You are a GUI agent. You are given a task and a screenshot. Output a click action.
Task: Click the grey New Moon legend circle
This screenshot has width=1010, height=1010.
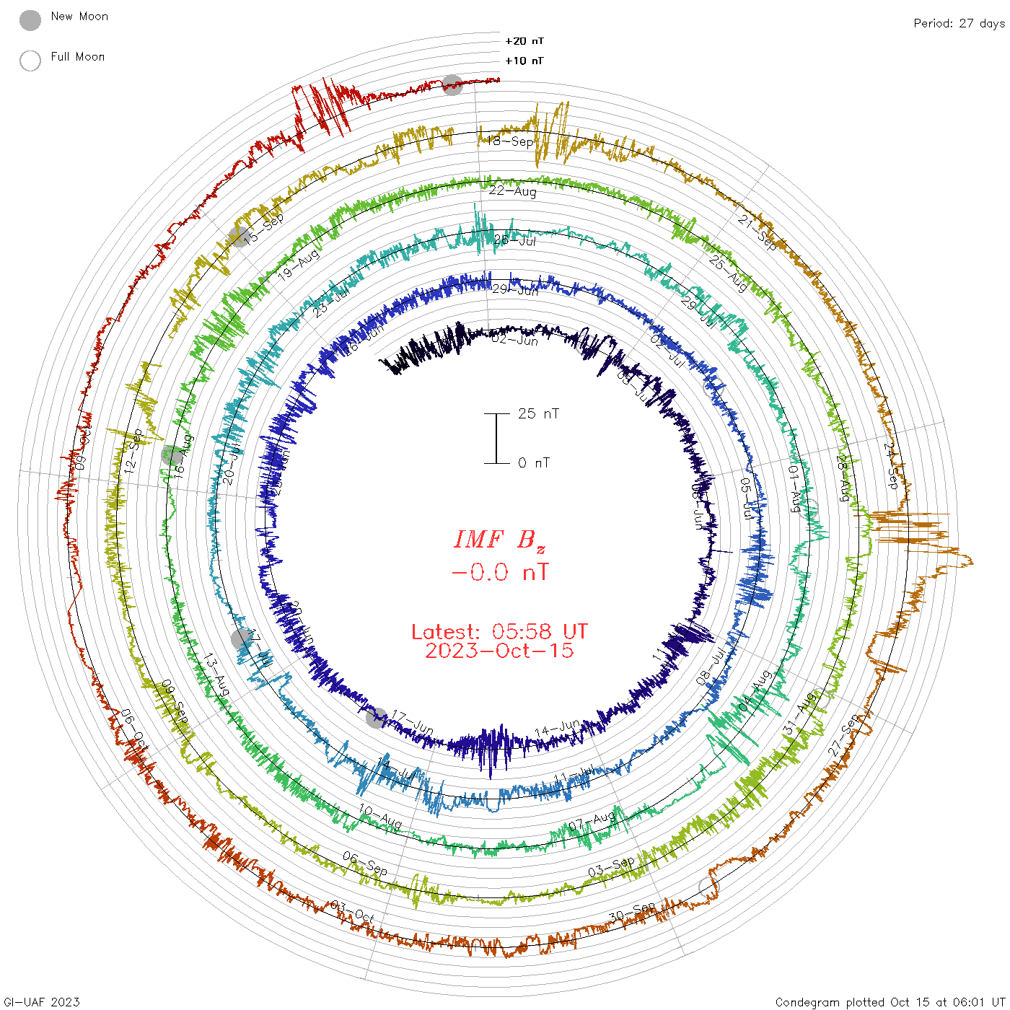coord(30,20)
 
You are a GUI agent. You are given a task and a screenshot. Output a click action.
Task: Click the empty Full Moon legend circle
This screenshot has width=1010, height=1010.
coord(30,61)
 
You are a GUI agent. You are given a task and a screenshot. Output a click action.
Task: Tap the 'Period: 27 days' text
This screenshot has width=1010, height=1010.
coord(959,23)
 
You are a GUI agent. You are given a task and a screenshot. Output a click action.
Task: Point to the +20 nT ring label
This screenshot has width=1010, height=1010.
coord(524,41)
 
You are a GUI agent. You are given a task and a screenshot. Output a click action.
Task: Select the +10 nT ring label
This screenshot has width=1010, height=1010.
coord(524,61)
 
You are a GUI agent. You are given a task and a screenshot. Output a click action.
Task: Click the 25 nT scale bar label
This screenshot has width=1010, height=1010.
coord(538,413)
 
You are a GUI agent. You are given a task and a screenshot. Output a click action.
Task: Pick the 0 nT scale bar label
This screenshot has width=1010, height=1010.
coord(534,462)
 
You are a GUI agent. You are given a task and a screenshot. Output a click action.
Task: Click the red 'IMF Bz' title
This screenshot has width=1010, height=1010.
coord(499,540)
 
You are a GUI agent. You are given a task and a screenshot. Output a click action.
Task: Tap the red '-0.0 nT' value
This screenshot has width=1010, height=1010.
coord(499,573)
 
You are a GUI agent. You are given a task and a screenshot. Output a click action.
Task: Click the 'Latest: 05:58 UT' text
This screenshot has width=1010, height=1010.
coord(499,632)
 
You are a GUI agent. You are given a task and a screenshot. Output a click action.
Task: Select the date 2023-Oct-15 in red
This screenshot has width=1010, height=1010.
coord(499,651)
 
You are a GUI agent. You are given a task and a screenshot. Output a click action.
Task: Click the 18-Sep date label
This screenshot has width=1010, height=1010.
coord(511,141)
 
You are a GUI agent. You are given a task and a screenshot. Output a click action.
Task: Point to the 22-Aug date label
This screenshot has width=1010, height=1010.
coord(513,191)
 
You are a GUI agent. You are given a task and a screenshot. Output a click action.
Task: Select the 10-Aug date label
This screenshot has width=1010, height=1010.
coord(380,817)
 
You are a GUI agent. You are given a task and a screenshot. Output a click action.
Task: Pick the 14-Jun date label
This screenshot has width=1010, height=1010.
coord(557,729)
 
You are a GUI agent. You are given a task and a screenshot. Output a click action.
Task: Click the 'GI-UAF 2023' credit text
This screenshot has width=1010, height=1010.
coord(41,1002)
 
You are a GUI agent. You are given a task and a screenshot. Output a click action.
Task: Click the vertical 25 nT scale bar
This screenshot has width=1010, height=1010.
coord(496,438)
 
